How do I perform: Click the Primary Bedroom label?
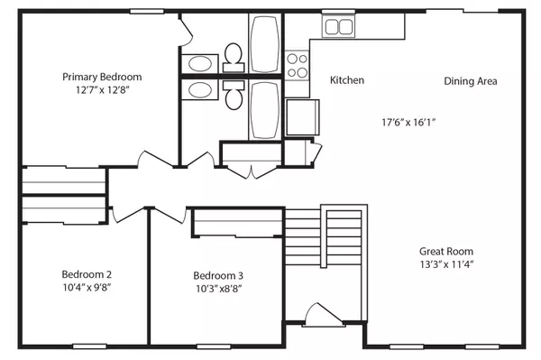click(101, 77)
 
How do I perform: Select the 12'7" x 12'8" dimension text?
click(101, 90)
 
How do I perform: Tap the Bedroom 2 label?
click(87, 274)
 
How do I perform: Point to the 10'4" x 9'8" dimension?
click(87, 288)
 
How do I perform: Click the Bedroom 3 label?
click(218, 275)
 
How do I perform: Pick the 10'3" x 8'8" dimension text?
click(218, 289)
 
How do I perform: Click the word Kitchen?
click(347, 80)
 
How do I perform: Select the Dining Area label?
click(471, 81)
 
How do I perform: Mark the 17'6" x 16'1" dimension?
click(408, 120)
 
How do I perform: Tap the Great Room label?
click(445, 251)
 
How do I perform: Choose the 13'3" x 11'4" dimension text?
click(445, 264)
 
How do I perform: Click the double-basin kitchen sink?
click(340, 26)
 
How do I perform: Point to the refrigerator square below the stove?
click(301, 116)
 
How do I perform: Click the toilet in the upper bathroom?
click(234, 56)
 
